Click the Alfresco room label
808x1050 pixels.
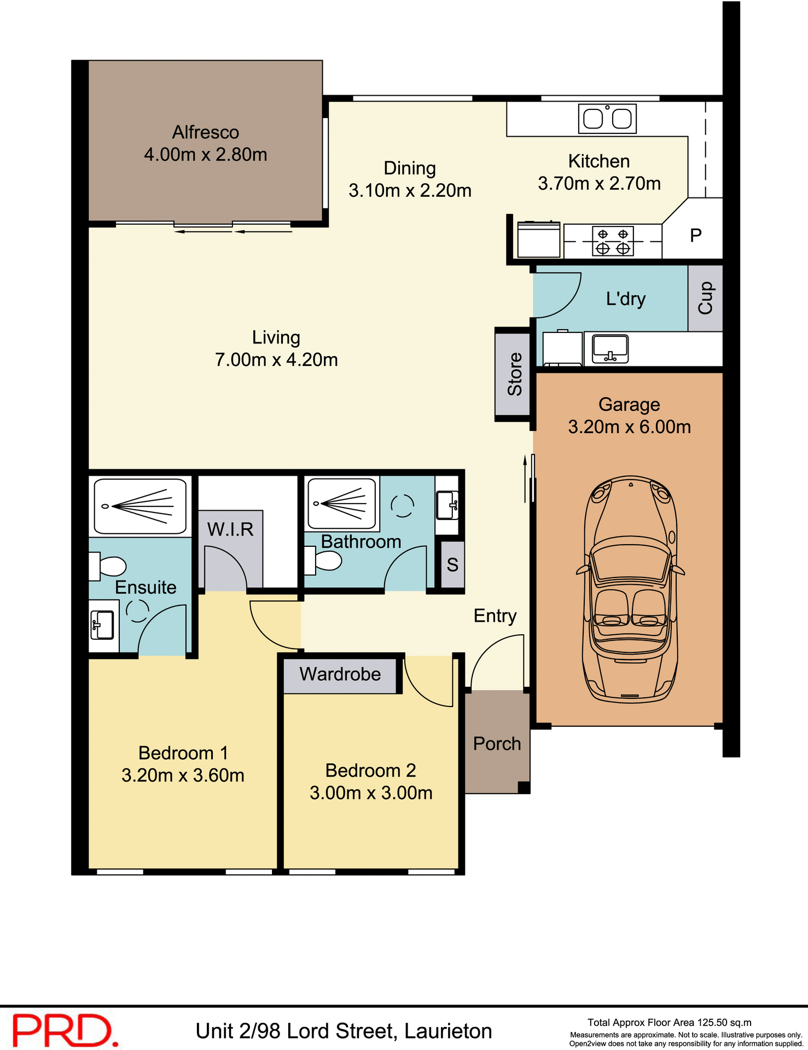point(205,132)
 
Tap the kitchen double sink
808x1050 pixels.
point(607,118)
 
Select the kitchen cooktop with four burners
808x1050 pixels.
point(613,241)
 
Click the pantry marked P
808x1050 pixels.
point(695,235)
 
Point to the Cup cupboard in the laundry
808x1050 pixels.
point(705,298)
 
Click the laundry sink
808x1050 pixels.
point(611,348)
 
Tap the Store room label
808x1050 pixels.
point(514,374)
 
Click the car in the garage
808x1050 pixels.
point(630,590)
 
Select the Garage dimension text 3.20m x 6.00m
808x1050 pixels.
point(629,427)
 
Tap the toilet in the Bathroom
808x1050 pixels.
point(324,561)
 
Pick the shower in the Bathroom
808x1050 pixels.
point(342,504)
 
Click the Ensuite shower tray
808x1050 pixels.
point(140,506)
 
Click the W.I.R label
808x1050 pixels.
point(230,529)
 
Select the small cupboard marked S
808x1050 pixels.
point(452,564)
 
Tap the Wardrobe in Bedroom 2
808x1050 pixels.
point(340,674)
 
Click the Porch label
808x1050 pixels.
point(497,744)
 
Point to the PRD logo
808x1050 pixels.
point(65,1030)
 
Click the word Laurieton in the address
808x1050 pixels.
point(448,1031)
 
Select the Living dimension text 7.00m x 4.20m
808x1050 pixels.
point(276,360)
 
